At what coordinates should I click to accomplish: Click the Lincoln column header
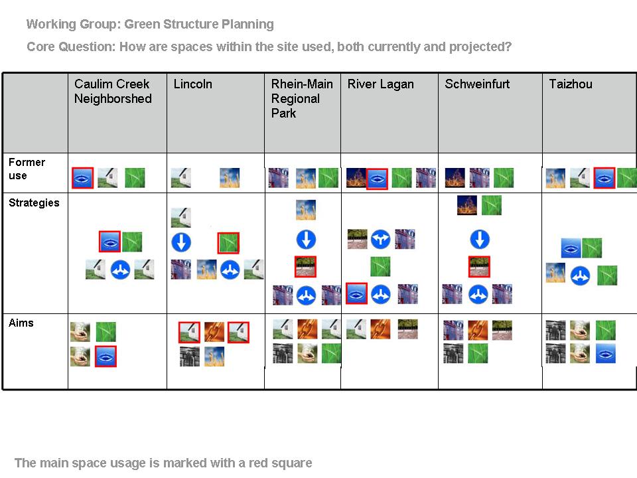point(192,84)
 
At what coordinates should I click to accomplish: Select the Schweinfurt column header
point(477,84)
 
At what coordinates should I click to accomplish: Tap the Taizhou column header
point(571,84)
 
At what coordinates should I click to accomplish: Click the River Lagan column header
point(380,84)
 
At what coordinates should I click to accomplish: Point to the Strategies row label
point(34,203)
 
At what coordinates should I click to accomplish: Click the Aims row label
point(21,323)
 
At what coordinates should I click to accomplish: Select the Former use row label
point(27,169)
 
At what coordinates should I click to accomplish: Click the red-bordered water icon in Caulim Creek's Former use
point(83,178)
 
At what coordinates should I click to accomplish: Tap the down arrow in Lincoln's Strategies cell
point(181,242)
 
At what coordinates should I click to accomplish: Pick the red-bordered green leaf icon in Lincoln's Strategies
point(228,243)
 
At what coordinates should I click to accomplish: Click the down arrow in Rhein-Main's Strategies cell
point(306,240)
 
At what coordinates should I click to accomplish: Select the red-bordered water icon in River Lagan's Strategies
point(357,293)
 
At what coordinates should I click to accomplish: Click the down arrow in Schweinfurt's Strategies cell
point(480,239)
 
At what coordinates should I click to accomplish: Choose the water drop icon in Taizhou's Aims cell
point(606,354)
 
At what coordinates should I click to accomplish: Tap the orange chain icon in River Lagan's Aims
point(380,329)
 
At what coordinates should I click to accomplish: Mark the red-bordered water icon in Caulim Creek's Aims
point(106,357)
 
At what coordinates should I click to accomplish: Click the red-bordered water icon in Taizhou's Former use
point(604,178)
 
